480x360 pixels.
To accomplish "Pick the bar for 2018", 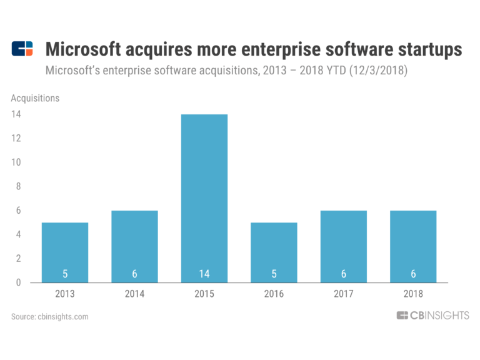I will [x=412, y=246].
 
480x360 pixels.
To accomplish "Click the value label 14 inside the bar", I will [x=204, y=273].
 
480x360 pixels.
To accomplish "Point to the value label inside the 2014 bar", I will [x=134, y=273].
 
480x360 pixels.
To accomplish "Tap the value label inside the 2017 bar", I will [x=343, y=273].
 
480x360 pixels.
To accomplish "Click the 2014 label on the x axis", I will [x=134, y=294].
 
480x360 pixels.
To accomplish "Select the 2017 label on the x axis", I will [x=343, y=294].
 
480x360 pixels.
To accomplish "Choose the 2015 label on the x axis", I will [x=204, y=294].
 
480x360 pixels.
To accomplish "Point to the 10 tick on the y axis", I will [x=17, y=162].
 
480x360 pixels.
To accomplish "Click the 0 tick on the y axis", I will [x=19, y=282].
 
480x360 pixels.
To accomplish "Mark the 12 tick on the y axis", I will [x=17, y=138].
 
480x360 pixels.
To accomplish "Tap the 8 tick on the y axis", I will [x=19, y=186].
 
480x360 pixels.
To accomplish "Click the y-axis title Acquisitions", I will [x=35, y=98].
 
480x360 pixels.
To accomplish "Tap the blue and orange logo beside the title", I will [x=22, y=49].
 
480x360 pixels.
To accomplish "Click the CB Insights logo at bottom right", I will [x=432, y=316].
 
